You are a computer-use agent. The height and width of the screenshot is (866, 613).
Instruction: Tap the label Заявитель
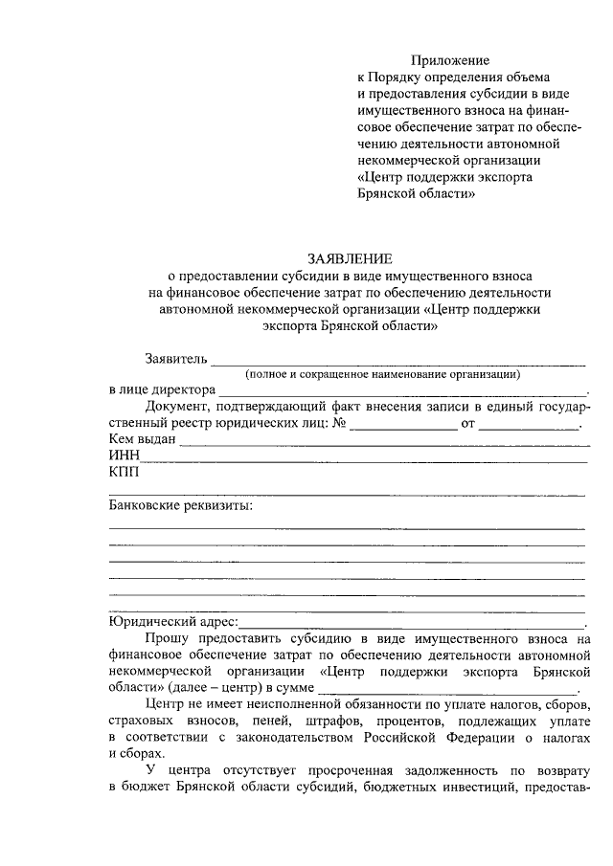click(175, 360)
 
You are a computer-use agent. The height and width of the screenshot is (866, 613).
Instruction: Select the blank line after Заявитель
click(397, 363)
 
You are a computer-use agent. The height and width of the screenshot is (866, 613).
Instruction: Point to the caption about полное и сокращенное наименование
click(382, 375)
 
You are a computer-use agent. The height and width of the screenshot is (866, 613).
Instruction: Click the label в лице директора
click(162, 391)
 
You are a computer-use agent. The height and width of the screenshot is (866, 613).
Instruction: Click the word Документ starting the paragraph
click(175, 408)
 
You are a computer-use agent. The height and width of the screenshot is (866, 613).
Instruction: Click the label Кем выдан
click(142, 440)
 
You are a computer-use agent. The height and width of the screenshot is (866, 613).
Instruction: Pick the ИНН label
click(125, 456)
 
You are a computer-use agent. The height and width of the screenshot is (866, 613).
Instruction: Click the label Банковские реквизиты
click(181, 505)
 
